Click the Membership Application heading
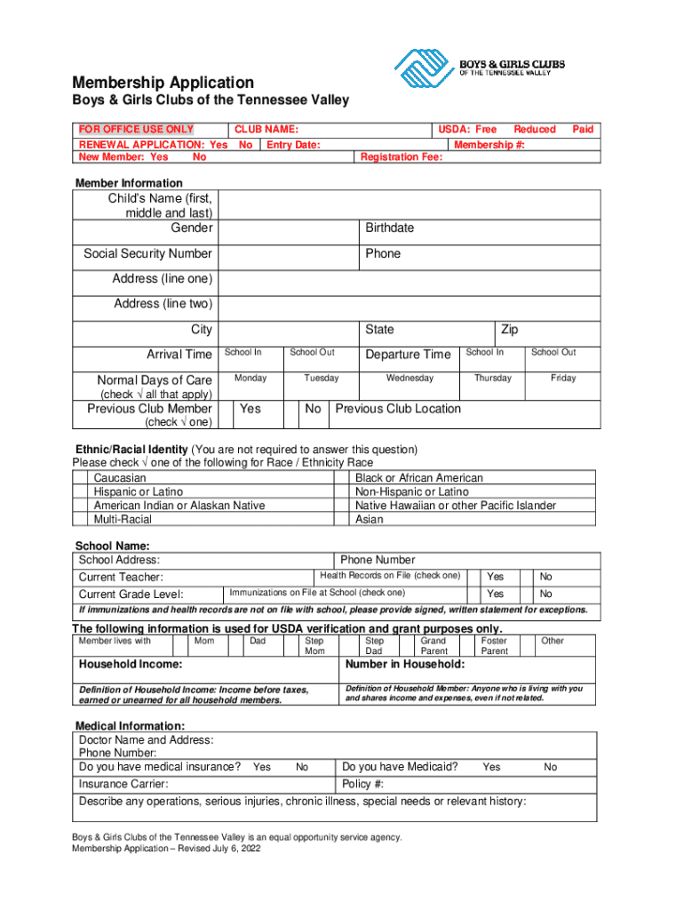pos(163,82)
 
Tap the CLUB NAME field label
pos(266,130)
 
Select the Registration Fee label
pos(401,157)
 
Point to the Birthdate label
pos(389,228)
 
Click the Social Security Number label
pos(147,254)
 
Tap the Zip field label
pos(509,330)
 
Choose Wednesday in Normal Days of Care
pos(410,379)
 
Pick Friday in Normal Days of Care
pos(562,379)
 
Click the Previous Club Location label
pos(398,409)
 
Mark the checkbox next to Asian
pos(342,520)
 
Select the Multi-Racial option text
pos(123,520)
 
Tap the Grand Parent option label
pos(433,646)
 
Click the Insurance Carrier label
pos(123,784)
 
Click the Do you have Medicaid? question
pos(400,767)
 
